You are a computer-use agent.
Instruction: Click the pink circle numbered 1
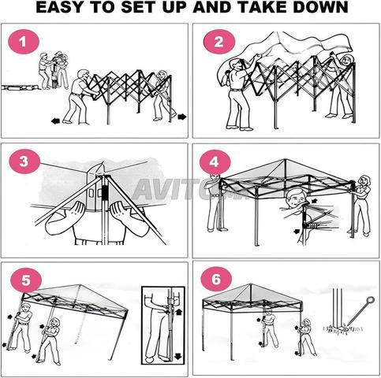point(24,42)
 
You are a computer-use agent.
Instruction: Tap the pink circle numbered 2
point(219,42)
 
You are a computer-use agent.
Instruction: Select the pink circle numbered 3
point(24,161)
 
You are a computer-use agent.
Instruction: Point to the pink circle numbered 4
point(215,162)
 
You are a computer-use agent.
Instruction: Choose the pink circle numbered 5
point(26,280)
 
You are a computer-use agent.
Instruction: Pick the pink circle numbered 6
point(216,279)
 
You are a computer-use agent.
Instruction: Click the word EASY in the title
point(62,7)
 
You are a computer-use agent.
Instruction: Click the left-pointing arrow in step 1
point(55,121)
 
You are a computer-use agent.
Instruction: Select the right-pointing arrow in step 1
point(182,117)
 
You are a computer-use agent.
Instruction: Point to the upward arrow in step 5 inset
point(178,312)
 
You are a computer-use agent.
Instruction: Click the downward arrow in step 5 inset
point(178,356)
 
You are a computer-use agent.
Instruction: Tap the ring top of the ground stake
point(370,299)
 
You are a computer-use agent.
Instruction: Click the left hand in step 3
point(77,209)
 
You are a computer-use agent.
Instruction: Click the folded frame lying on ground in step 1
point(21,87)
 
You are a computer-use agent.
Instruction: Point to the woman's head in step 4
point(365,180)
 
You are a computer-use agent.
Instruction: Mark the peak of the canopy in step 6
point(251,283)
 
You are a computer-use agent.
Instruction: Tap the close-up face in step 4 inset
point(296,199)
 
